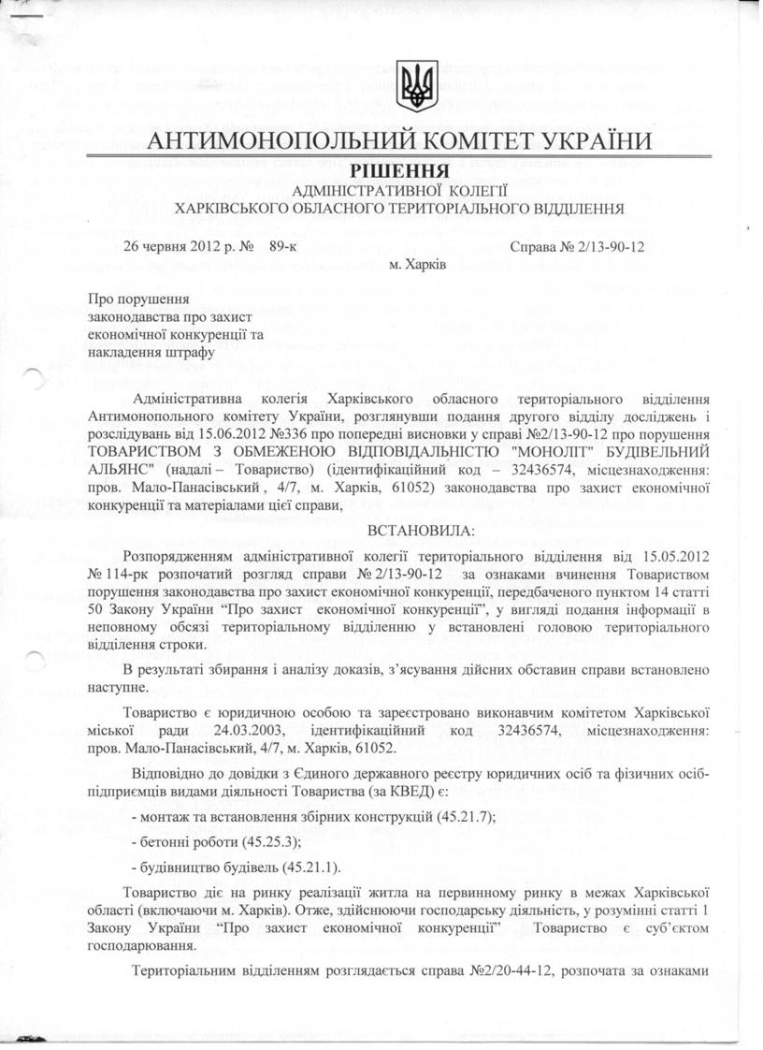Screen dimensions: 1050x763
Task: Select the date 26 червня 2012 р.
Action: [181, 247]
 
